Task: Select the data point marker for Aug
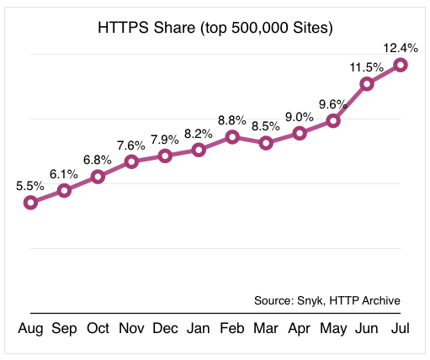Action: [x=30, y=202]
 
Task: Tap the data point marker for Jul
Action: [x=401, y=64]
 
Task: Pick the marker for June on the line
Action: [x=367, y=83]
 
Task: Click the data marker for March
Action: [x=266, y=143]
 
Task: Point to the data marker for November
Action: [x=131, y=161]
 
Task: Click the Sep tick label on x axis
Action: [x=64, y=329]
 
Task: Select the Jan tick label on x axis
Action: [x=199, y=329]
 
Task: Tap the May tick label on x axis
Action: [x=333, y=329]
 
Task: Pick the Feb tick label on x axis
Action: [x=232, y=329]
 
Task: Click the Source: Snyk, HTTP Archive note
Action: [x=326, y=300]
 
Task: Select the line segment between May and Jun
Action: [x=350, y=102]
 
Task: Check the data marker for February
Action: [x=232, y=136]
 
